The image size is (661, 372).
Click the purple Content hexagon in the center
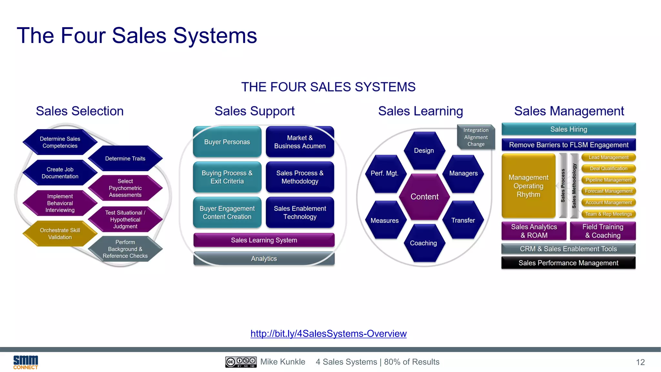[x=424, y=197]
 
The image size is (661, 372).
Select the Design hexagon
[x=424, y=150]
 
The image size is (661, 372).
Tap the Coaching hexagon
[x=423, y=243]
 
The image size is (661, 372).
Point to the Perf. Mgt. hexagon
[x=384, y=173]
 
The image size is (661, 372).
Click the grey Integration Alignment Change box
[x=476, y=137]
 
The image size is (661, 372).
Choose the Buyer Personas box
[x=227, y=142]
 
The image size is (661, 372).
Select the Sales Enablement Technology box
[x=300, y=212]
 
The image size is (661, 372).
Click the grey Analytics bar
[x=264, y=259]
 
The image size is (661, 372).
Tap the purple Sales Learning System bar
[x=264, y=240]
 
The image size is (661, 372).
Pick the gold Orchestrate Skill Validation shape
[x=60, y=233]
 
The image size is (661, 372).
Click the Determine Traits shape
[x=125, y=159]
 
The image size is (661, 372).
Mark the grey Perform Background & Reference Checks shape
[x=125, y=249]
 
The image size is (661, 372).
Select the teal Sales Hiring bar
[x=569, y=129]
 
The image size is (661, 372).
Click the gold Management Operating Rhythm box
[x=528, y=186]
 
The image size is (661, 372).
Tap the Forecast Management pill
[x=609, y=191]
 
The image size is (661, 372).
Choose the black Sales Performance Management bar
[x=568, y=263]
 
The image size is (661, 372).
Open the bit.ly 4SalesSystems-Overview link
[x=329, y=334]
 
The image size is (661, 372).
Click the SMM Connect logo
[x=25, y=362]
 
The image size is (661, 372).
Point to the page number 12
[x=640, y=362]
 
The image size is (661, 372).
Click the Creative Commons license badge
[x=241, y=362]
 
